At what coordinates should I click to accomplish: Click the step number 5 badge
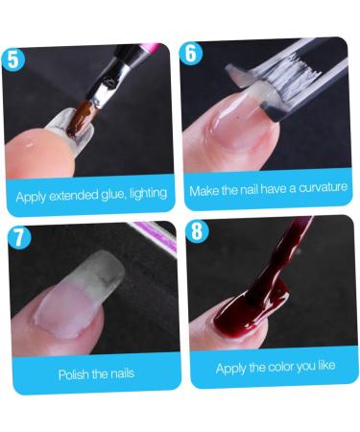pos(13,59)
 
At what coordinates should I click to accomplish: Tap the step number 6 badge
pos(192,53)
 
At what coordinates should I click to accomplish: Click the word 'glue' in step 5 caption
pos(114,194)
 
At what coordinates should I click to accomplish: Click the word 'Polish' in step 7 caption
pos(74,373)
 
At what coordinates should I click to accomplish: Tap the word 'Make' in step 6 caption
pos(205,190)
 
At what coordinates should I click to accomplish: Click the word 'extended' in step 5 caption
pos(75,195)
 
